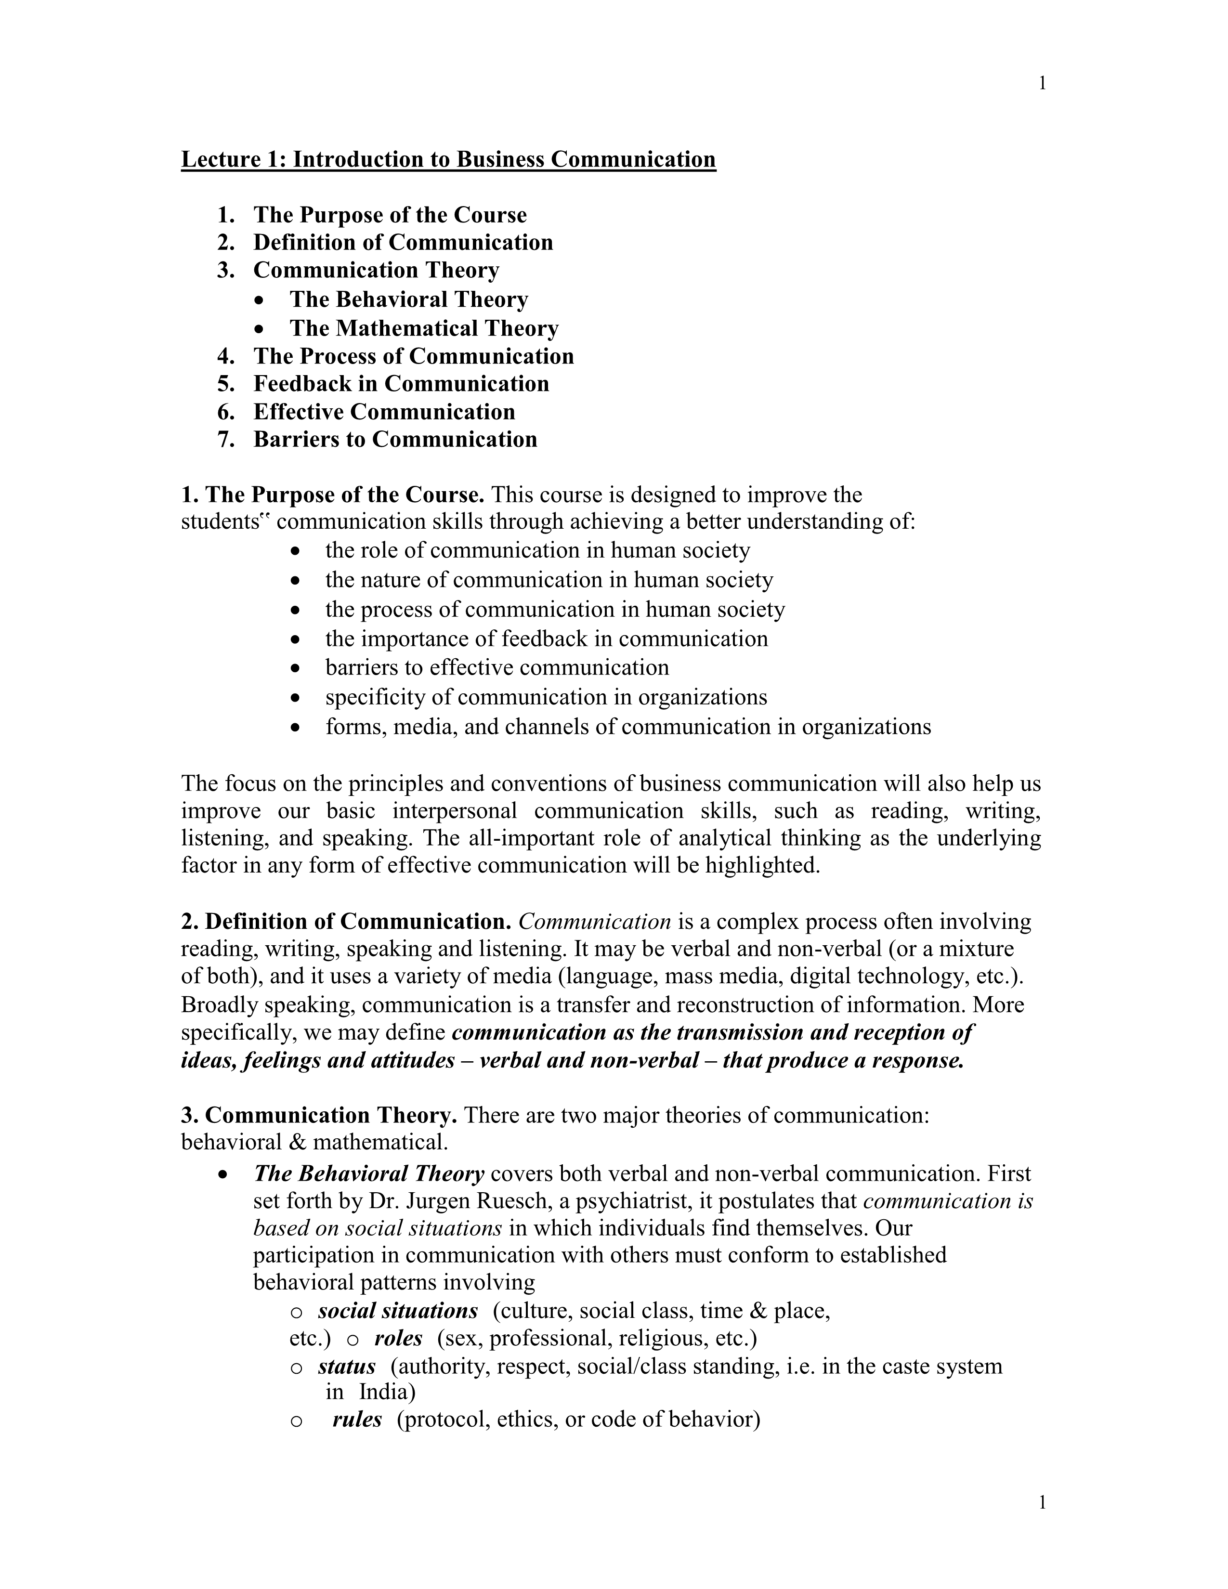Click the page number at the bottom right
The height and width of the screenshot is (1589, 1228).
pyautogui.click(x=1042, y=1502)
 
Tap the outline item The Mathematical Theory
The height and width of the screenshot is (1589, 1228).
pyautogui.click(x=424, y=328)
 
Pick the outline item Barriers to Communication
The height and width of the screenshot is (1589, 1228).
pyautogui.click(x=395, y=440)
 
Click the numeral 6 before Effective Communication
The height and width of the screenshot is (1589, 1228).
pyautogui.click(x=225, y=412)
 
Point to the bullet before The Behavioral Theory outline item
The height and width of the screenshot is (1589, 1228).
pyautogui.click(x=261, y=300)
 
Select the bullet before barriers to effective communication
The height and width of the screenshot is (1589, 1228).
pyautogui.click(x=295, y=668)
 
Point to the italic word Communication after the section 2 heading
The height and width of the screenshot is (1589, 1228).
pyautogui.click(x=594, y=922)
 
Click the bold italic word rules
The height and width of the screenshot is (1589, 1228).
pyautogui.click(x=357, y=1419)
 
